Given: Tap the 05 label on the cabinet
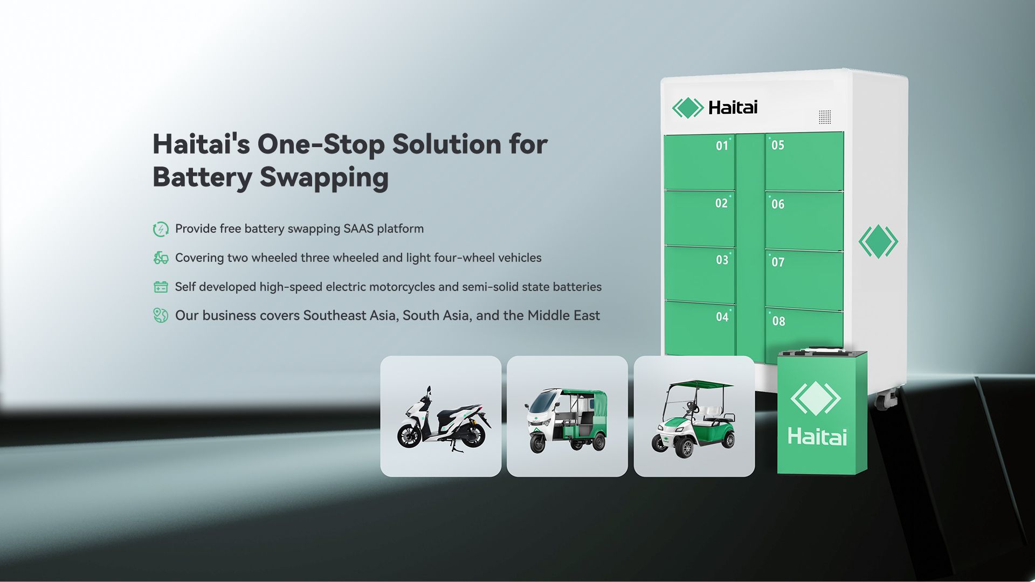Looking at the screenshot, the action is point(777,145).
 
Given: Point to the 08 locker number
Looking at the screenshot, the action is point(778,321).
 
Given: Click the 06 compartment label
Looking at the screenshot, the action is point(777,204).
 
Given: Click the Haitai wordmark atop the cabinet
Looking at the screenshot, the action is point(733,108).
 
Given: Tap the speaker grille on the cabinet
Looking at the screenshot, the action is point(825,117).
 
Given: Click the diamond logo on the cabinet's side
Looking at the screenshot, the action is point(878,241).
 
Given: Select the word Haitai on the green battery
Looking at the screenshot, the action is point(817,436).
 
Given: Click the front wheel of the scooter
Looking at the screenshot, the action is point(409,435).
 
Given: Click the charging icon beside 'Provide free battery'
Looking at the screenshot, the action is point(161,229).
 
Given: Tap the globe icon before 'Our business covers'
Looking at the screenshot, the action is point(161,315).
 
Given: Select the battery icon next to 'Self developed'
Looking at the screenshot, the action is point(161,287).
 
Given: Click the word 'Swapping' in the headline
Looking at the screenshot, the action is point(324,178).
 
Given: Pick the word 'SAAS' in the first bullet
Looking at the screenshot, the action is point(358,228).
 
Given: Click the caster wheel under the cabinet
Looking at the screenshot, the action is point(887,399).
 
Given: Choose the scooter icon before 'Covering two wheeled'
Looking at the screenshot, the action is point(161,258).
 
